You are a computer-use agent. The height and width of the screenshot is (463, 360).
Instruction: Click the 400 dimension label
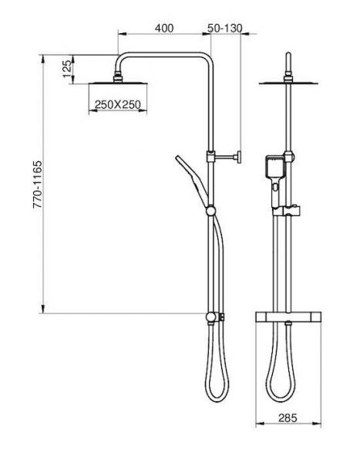click(x=163, y=28)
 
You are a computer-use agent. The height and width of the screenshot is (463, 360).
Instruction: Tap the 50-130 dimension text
click(x=225, y=28)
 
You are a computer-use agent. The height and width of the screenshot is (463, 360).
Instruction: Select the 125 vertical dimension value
click(x=67, y=67)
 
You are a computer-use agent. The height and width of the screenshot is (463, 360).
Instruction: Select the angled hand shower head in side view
click(x=190, y=174)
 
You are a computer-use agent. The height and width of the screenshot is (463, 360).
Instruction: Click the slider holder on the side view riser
click(x=210, y=208)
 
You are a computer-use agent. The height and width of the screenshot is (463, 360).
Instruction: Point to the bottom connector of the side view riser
click(x=210, y=317)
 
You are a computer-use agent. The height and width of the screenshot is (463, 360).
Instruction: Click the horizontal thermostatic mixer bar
click(x=288, y=317)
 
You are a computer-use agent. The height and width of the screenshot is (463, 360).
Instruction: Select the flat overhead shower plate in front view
click(x=288, y=82)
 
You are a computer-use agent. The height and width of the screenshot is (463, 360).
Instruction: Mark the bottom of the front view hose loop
click(x=281, y=400)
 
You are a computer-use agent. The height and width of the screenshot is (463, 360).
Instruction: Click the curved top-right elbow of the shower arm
click(x=206, y=58)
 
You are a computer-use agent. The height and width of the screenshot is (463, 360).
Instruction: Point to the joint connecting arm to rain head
click(x=117, y=76)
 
